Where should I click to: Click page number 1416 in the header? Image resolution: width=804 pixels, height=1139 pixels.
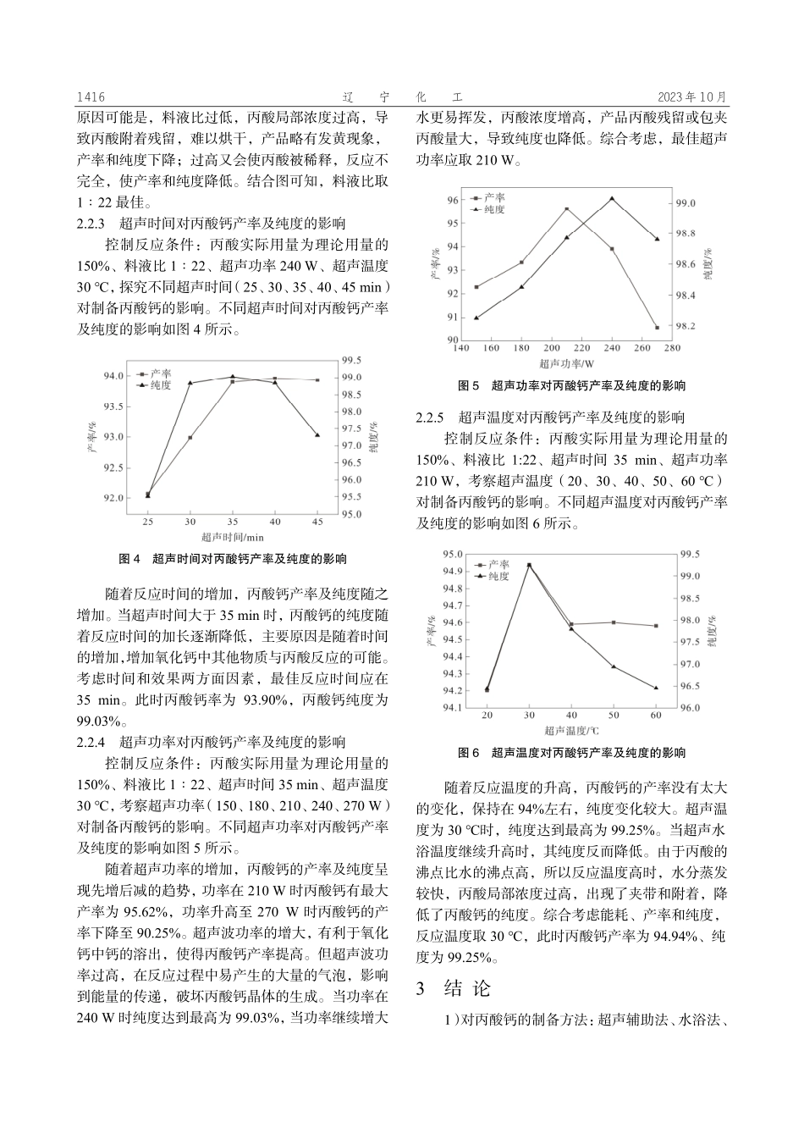tap(90, 97)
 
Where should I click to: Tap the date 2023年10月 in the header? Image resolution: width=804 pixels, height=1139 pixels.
tap(692, 97)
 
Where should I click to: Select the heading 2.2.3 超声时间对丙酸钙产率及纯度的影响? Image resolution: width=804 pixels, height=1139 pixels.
tap(211, 224)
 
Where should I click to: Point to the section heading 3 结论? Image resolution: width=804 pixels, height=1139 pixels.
tap(453, 988)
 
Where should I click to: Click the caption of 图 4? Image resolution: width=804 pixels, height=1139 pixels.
tap(233, 559)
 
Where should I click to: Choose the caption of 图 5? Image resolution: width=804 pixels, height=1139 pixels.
tap(571, 385)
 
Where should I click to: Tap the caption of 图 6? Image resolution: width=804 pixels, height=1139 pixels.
tap(571, 752)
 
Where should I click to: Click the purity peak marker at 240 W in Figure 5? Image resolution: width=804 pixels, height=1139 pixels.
tap(612, 199)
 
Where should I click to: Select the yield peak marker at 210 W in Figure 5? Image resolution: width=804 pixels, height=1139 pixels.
tap(566, 208)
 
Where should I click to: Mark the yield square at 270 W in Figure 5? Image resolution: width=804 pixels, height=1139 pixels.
tap(657, 327)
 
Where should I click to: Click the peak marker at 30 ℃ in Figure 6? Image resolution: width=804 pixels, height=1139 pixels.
tap(530, 565)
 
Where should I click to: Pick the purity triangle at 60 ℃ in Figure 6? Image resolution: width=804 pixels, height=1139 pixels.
tap(657, 688)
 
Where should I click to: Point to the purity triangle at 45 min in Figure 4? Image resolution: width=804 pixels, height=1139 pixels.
tap(317, 434)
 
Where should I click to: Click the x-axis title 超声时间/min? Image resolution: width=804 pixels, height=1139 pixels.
tap(233, 536)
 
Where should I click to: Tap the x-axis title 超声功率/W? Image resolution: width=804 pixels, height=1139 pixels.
tap(566, 362)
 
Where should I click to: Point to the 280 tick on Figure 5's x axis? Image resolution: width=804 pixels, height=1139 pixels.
tap(672, 347)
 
